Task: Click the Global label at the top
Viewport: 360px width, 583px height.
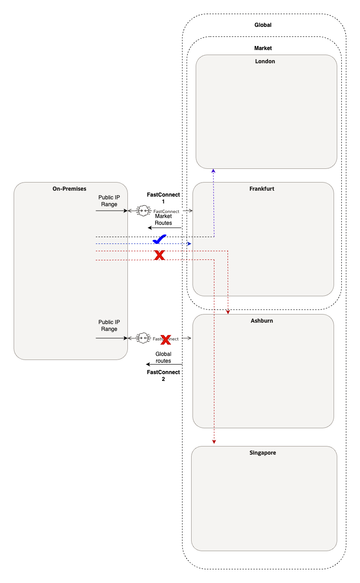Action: pyautogui.click(x=263, y=25)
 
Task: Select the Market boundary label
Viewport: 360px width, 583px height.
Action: pyautogui.click(x=263, y=48)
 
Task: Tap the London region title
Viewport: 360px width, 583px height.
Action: pyautogui.click(x=265, y=61)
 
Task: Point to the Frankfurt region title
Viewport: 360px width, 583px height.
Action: pyautogui.click(x=262, y=188)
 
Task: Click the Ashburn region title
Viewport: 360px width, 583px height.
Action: pyautogui.click(x=262, y=320)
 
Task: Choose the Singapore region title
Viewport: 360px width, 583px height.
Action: pyautogui.click(x=263, y=453)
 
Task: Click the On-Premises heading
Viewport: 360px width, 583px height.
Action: pyautogui.click(x=69, y=188)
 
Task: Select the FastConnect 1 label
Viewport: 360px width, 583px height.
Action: pyautogui.click(x=163, y=198)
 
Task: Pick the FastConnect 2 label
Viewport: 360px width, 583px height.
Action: pyautogui.click(x=163, y=375)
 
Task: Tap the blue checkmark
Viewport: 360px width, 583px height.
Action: pyautogui.click(x=159, y=239)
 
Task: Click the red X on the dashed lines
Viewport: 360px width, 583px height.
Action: pyautogui.click(x=159, y=255)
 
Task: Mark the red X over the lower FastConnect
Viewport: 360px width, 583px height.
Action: pyautogui.click(x=166, y=339)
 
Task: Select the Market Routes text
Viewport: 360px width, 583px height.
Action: pyautogui.click(x=163, y=219)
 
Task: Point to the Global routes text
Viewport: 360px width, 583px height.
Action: pyautogui.click(x=163, y=357)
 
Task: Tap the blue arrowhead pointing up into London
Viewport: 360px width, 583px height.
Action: pyautogui.click(x=214, y=171)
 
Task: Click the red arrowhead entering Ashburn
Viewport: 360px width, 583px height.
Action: pyautogui.click(x=228, y=312)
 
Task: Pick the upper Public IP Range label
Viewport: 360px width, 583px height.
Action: pyautogui.click(x=109, y=201)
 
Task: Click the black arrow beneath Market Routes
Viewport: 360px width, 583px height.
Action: pyautogui.click(x=164, y=228)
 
